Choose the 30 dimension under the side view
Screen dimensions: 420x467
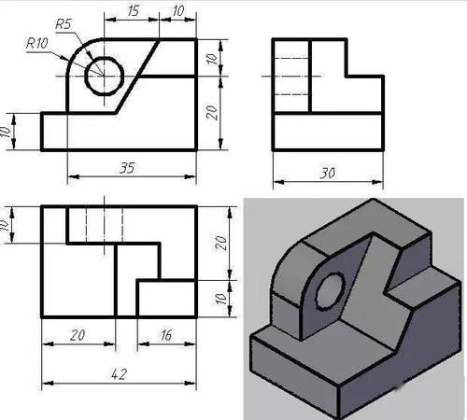click(325, 174)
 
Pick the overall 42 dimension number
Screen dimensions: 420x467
click(119, 374)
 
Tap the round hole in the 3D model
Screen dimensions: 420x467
click(329, 293)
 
